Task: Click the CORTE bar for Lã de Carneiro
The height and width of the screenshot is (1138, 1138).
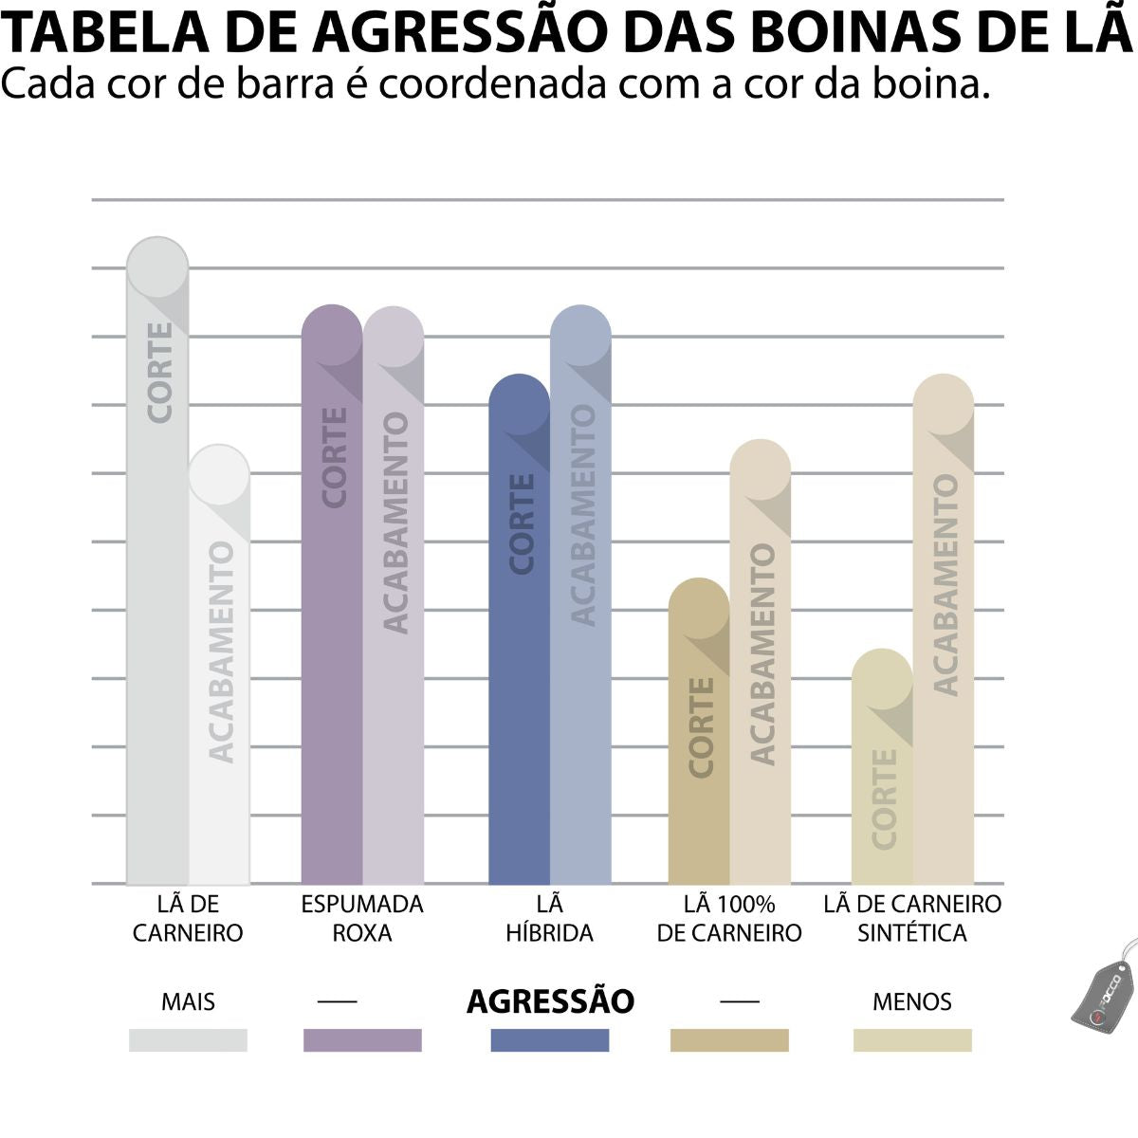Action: coord(157,569)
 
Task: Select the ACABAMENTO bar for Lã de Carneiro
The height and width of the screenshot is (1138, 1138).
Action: coord(219,664)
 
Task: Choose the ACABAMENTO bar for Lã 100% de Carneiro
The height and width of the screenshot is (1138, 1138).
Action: coord(760,664)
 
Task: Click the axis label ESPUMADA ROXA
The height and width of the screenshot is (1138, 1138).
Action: coord(362,918)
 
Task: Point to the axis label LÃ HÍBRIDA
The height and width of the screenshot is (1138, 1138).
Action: coord(549,918)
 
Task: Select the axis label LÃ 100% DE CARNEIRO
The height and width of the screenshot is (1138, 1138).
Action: coord(729,918)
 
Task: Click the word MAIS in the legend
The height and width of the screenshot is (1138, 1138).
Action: coord(188,1001)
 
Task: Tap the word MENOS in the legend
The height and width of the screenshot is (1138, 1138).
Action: coord(911,1001)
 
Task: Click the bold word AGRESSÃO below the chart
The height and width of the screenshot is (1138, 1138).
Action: coord(550,1001)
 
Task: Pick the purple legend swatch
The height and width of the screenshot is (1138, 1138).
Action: coord(362,1040)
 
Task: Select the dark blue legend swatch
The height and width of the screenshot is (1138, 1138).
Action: coord(550,1040)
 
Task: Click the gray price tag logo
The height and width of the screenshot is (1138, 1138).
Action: coord(1103,991)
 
